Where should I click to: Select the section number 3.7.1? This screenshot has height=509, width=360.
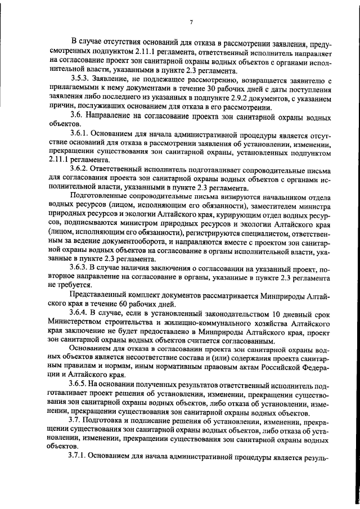coord(80,457)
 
